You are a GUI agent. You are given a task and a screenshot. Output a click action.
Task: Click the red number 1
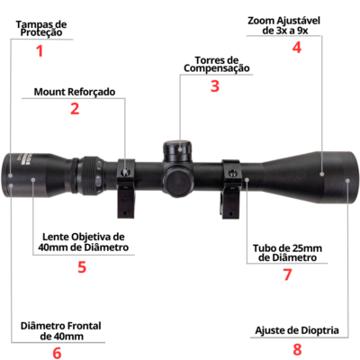(40, 50)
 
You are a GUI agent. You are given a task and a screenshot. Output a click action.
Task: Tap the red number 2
(75, 108)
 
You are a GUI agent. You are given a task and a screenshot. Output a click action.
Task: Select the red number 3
(215, 85)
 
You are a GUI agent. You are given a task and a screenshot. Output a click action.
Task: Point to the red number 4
(297, 47)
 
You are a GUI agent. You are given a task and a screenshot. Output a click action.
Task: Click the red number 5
(82, 266)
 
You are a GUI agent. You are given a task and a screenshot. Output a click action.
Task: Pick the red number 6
(57, 353)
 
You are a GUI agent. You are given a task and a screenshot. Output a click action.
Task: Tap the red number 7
(287, 274)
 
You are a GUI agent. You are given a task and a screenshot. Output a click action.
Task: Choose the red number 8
(297, 349)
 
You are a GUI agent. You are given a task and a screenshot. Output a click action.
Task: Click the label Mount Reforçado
(75, 92)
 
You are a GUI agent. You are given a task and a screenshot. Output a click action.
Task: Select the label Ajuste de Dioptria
(297, 330)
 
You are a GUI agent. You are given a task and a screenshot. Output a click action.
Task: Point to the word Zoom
(260, 21)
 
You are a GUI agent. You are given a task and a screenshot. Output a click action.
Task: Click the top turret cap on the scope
(177, 151)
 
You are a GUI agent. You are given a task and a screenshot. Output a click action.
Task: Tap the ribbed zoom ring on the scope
(92, 175)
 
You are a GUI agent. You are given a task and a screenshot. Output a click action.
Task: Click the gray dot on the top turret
(180, 148)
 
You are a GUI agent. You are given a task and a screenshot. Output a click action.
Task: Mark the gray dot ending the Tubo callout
(247, 179)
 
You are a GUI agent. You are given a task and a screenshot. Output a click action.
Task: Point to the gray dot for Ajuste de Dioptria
(347, 181)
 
